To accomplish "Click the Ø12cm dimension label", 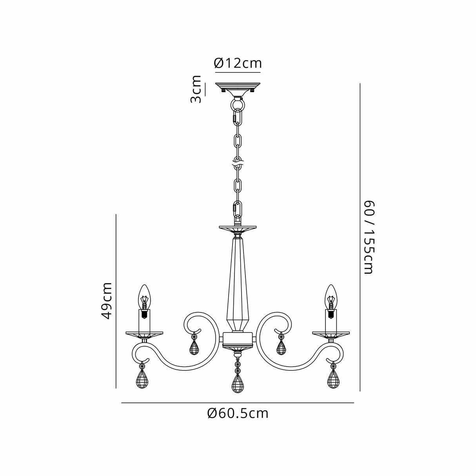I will tap(238, 63).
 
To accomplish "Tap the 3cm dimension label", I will tap(196, 89).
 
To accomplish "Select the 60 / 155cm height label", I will tap(369, 237).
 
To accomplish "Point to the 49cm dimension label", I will tap(106, 301).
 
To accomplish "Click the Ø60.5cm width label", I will tap(238, 413).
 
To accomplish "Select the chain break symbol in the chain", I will tap(238, 163).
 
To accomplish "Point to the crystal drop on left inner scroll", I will tap(194, 347).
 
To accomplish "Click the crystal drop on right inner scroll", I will tap(281, 347).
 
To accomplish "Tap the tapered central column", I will tap(238, 282).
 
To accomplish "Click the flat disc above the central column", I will tap(238, 228).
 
